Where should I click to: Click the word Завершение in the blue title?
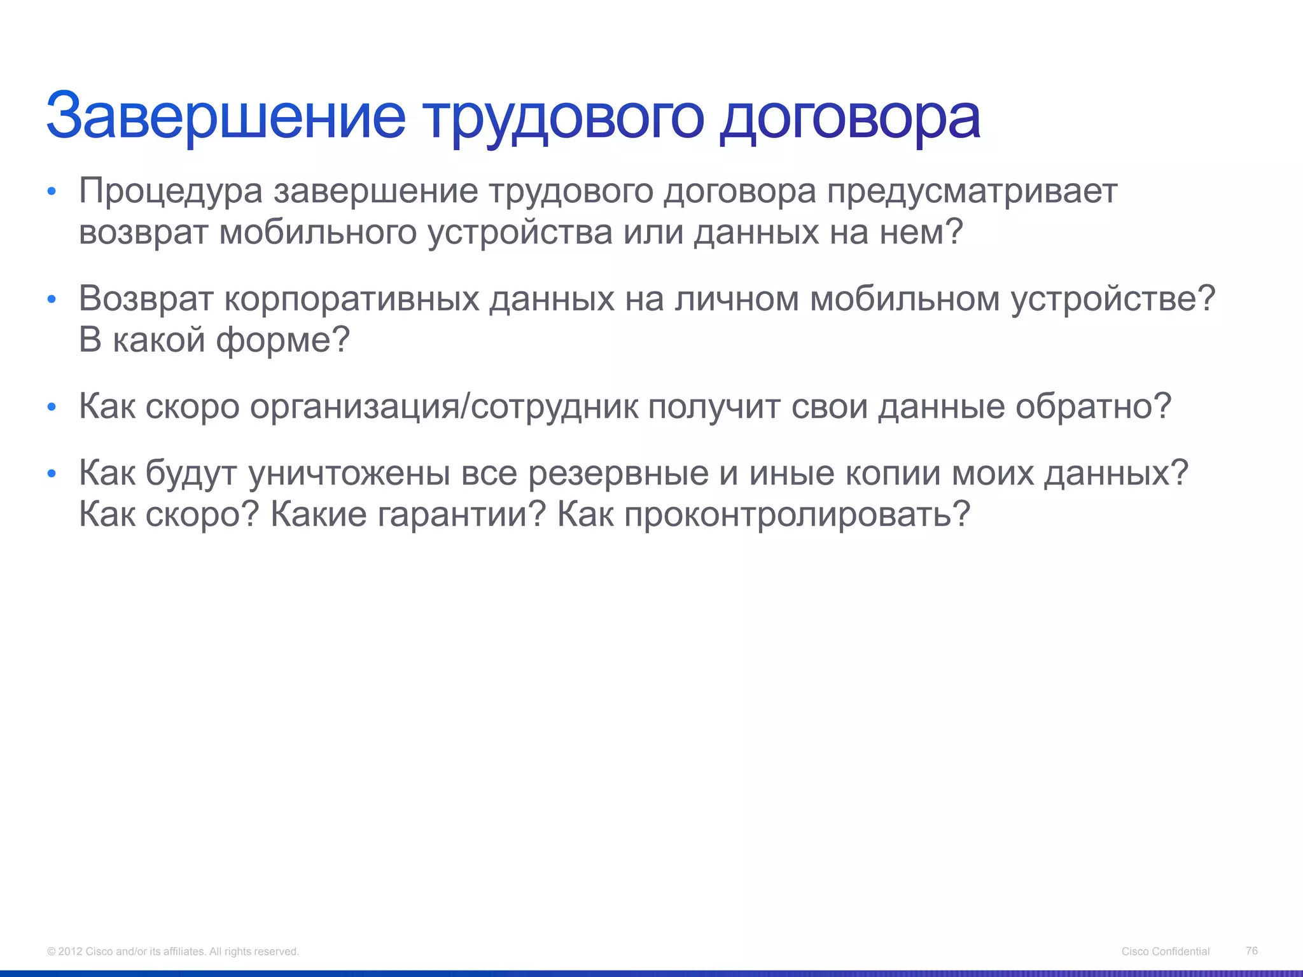[226, 116]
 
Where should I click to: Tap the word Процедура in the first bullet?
[171, 191]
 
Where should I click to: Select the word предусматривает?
[972, 191]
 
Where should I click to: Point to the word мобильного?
[318, 232]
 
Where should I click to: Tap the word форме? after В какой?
[283, 340]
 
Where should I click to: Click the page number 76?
[1251, 950]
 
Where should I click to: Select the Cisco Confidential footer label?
[1165, 951]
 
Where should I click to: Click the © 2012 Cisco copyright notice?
[172, 951]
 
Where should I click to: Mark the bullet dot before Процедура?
[52, 191]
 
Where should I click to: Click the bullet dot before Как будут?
[52, 474]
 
